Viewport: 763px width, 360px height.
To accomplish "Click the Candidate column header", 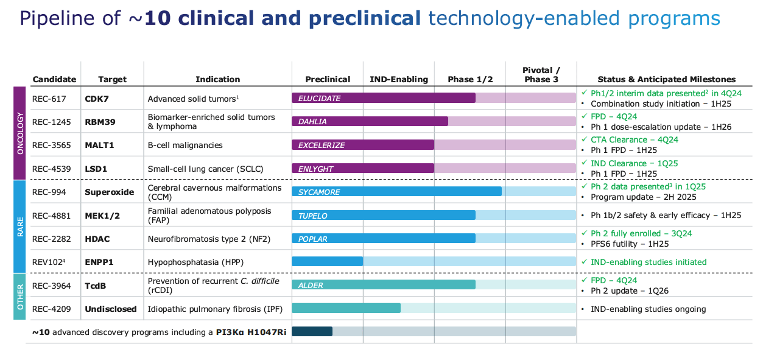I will (x=54, y=79).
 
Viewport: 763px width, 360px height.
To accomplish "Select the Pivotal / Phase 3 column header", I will (x=541, y=75).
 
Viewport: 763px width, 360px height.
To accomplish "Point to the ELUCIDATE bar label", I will (x=319, y=98).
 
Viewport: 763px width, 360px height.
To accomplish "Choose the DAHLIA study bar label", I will (x=312, y=121).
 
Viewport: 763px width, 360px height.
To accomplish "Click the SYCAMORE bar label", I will (x=318, y=192).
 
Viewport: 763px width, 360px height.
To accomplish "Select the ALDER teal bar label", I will (x=310, y=285).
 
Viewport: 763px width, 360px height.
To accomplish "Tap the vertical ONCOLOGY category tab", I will (x=20, y=133).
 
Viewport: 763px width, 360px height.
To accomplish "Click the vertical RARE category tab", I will (x=20, y=226).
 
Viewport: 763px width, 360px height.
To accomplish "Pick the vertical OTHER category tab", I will (x=20, y=297).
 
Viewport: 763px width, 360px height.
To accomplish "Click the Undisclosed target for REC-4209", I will (x=110, y=309).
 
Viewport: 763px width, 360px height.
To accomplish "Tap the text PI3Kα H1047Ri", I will (x=251, y=332).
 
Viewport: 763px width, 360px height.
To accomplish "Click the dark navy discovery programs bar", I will (x=312, y=331).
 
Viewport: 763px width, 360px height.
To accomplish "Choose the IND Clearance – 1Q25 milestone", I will (x=634, y=163).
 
